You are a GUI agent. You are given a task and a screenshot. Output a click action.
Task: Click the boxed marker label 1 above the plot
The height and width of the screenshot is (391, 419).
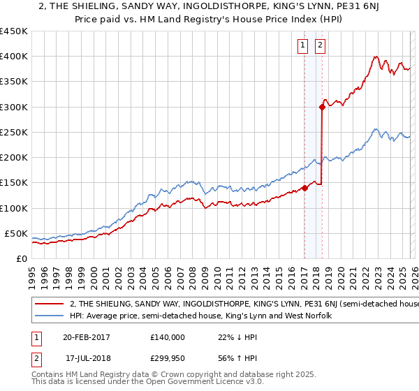(x=303, y=46)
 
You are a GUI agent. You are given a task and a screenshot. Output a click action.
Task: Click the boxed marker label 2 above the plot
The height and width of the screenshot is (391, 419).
(x=320, y=46)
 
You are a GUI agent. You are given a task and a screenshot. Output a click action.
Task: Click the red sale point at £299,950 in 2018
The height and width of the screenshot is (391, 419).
(x=322, y=107)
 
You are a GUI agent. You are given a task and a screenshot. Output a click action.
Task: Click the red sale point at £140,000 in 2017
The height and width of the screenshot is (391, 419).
(x=305, y=188)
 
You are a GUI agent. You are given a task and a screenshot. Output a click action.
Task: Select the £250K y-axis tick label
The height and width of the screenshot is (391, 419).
(x=14, y=132)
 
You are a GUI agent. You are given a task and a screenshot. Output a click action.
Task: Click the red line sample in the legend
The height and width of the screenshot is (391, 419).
(x=49, y=304)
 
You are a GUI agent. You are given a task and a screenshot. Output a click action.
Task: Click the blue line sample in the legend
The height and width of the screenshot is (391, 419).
(x=49, y=316)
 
